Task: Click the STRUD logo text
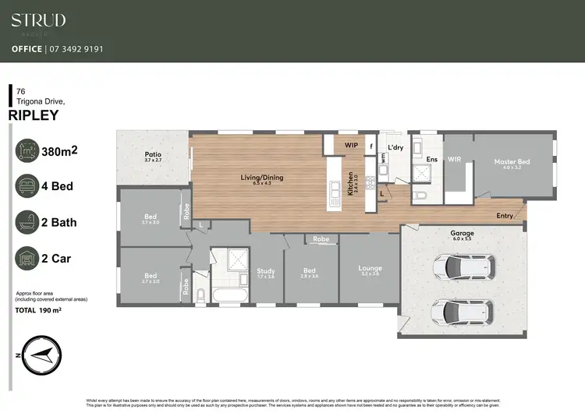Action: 38,20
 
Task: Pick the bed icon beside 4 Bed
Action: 28,187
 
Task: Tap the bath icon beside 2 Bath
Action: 28,223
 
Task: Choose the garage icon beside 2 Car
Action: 28,258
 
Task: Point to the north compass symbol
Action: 39,355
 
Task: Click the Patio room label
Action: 153,154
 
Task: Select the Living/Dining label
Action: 262,178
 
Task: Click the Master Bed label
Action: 512,162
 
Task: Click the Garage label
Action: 462,233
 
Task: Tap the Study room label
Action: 266,271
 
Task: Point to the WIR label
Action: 455,159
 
